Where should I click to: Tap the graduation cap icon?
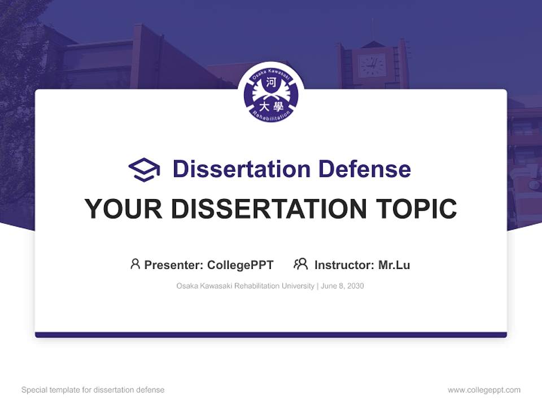click(x=144, y=170)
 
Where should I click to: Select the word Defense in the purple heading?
click(x=364, y=169)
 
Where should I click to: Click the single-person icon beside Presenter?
click(x=135, y=264)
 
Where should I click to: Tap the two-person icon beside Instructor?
click(x=301, y=264)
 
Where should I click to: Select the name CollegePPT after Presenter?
click(x=241, y=265)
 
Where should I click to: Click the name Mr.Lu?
click(x=394, y=265)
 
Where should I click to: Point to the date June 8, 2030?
click(x=342, y=286)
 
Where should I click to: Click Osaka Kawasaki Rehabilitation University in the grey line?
click(x=245, y=286)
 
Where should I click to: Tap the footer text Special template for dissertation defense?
click(x=93, y=390)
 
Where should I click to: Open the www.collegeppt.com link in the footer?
click(x=484, y=390)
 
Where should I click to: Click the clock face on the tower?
click(x=372, y=66)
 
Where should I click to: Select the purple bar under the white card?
click(x=271, y=335)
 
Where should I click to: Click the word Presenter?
click(x=174, y=265)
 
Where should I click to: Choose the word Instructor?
click(x=344, y=265)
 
